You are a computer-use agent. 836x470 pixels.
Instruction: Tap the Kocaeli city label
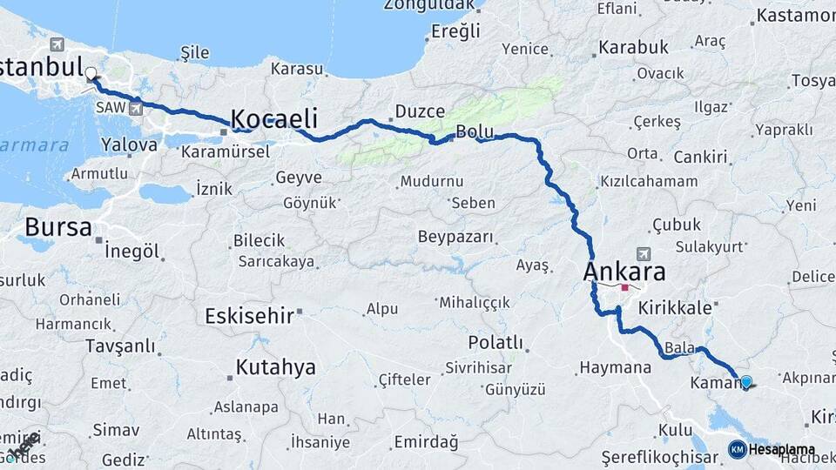(x=273, y=119)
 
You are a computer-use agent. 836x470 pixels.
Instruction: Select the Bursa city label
(x=57, y=228)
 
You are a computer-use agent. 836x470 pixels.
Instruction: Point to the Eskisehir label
(x=249, y=316)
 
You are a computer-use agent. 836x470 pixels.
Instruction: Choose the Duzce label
(x=420, y=111)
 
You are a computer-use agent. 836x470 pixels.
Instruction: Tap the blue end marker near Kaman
(x=745, y=381)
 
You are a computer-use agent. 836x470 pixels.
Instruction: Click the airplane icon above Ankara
(x=644, y=253)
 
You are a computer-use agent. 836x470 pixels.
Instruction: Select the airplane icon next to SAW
(x=135, y=109)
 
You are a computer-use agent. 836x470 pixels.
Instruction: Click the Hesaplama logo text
(x=782, y=450)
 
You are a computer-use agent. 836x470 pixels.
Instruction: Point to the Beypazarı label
(x=455, y=237)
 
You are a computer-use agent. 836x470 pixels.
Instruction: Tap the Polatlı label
(x=496, y=342)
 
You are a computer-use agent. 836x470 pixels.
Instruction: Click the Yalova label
(x=129, y=144)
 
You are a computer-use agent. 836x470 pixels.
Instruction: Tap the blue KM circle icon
(x=737, y=450)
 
